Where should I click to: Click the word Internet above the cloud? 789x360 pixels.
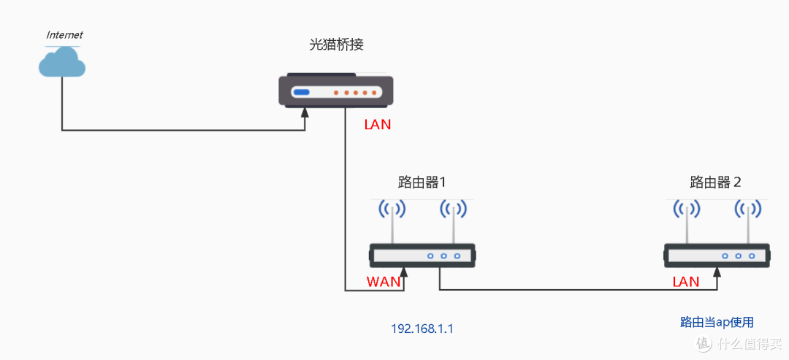[64, 34]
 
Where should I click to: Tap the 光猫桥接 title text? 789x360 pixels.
[336, 45]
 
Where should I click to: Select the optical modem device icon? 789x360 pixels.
[337, 91]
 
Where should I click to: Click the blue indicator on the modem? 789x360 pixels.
[302, 93]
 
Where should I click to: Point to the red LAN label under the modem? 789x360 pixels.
[378, 125]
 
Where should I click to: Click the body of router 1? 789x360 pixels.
[422, 256]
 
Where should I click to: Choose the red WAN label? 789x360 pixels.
[384, 282]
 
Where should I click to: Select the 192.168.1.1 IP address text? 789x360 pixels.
[422, 329]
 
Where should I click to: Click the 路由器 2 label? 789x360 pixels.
[716, 182]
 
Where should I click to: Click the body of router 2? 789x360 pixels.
[717, 256]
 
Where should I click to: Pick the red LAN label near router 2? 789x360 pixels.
[685, 282]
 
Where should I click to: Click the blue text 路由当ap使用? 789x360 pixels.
[716, 322]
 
